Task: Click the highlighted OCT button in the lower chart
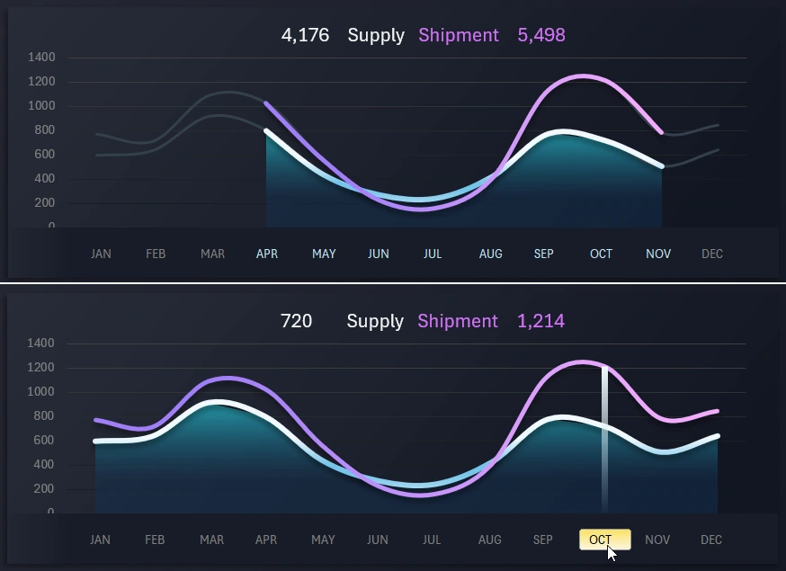604,540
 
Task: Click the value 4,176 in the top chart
305,35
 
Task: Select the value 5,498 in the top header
541,35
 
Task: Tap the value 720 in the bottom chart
296,321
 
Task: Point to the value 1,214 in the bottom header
540,321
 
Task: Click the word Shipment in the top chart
458,35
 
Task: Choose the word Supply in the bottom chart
375,321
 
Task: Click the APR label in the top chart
267,254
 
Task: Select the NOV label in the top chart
658,254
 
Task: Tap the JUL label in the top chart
433,254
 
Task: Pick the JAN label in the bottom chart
101,540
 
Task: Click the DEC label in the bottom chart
711,540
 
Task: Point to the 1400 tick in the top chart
41,58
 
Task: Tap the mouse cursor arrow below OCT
612,553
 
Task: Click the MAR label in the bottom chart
212,540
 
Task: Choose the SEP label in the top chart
544,254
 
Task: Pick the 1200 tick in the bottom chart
41,368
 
